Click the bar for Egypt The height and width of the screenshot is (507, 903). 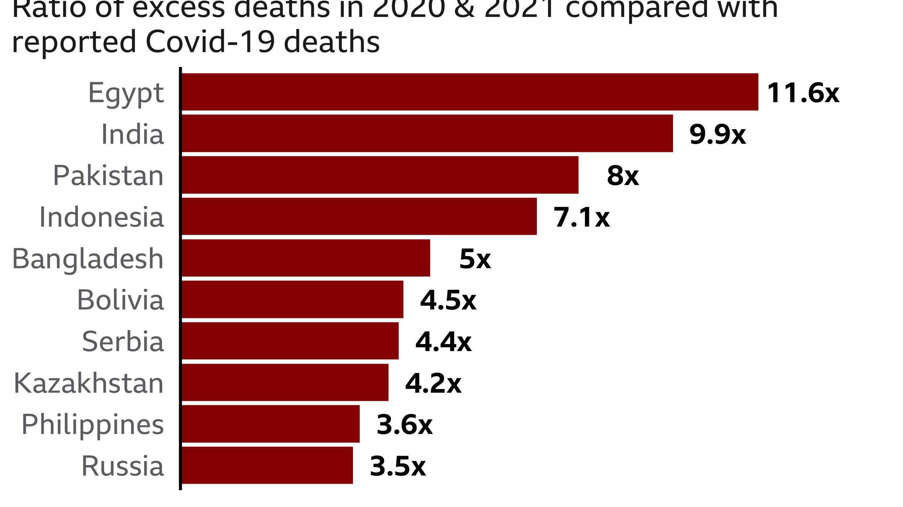pyautogui.click(x=470, y=92)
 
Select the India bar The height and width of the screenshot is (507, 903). pyautogui.click(x=427, y=133)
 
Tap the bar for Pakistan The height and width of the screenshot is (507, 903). pyautogui.click(x=380, y=175)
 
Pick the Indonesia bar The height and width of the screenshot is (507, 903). pyautogui.click(x=359, y=216)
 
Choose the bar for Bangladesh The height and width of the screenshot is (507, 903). pyautogui.click(x=306, y=258)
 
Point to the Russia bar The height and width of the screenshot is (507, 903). pyautogui.click(x=267, y=465)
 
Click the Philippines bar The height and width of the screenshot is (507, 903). pyautogui.click(x=270, y=424)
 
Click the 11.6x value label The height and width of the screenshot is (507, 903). pyautogui.click(x=803, y=93)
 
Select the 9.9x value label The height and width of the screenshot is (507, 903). pyautogui.click(x=717, y=135)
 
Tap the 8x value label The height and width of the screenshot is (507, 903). pyautogui.click(x=623, y=176)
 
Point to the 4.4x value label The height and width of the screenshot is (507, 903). pyautogui.click(x=443, y=342)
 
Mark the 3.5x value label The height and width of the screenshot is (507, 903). pyautogui.click(x=398, y=466)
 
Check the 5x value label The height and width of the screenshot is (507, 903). pyautogui.click(x=475, y=259)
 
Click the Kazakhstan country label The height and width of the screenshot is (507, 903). pyautogui.click(x=89, y=384)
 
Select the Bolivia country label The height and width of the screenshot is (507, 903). pyautogui.click(x=120, y=300)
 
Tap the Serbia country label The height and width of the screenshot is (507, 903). pyautogui.click(x=123, y=341)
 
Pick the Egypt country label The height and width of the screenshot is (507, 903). pyautogui.click(x=126, y=93)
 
